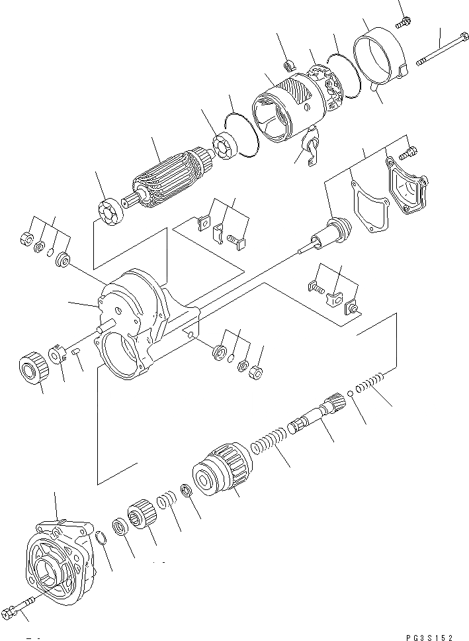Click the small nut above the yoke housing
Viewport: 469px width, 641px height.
[x=289, y=65]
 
